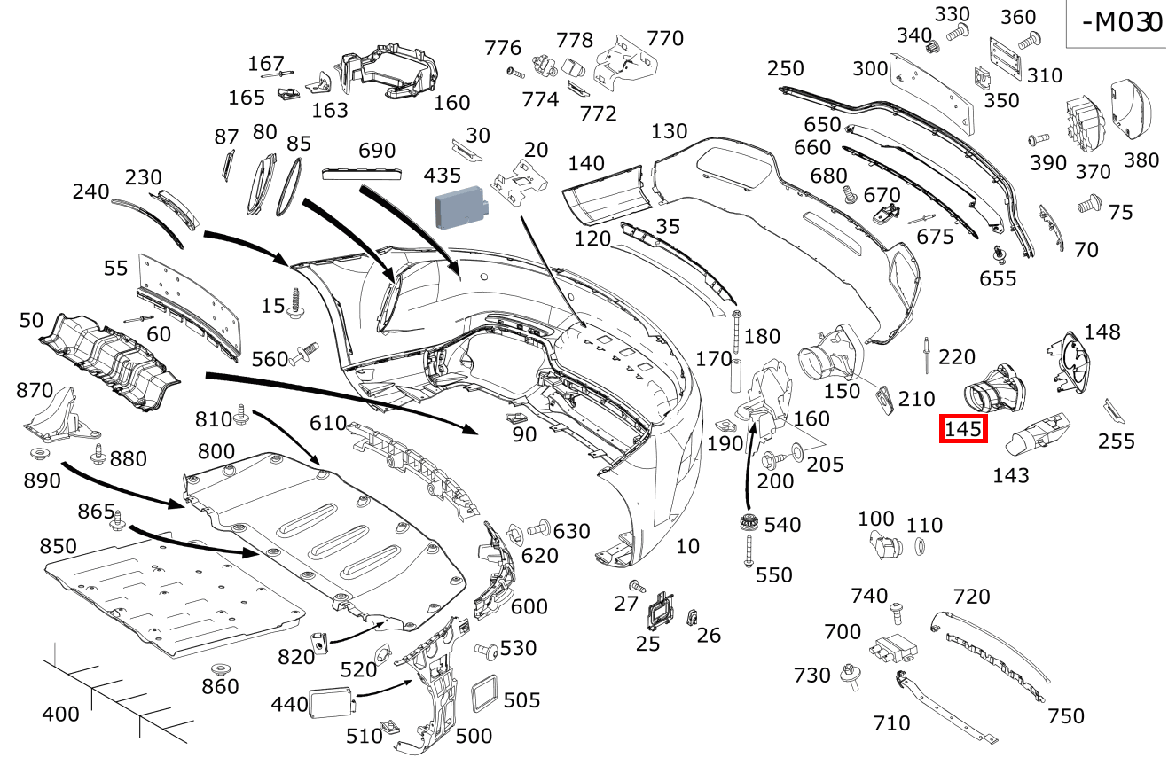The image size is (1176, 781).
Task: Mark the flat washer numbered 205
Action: [796, 453]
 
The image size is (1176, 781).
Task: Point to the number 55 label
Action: [116, 268]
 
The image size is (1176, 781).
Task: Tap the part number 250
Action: [785, 68]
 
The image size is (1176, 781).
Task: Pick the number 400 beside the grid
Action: [60, 714]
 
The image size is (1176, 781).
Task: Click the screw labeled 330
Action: [955, 33]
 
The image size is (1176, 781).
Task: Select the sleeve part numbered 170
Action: [736, 376]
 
